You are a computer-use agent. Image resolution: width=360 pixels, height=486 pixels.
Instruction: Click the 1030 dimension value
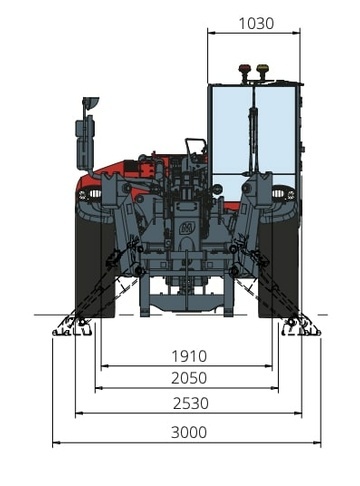256,23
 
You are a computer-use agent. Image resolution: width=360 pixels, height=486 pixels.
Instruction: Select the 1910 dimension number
189,356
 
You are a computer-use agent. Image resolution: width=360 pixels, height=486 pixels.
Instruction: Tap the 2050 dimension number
189,378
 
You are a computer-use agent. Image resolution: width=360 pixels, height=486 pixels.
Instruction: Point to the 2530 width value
191,403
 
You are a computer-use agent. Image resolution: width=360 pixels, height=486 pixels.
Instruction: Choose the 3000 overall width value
189,432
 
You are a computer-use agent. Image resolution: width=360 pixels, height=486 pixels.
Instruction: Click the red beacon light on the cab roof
244,69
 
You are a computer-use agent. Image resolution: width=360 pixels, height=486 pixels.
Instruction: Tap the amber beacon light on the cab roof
262,69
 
